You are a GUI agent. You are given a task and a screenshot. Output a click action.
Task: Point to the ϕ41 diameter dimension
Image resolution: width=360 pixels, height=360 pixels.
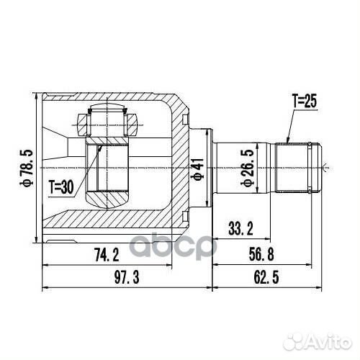196,170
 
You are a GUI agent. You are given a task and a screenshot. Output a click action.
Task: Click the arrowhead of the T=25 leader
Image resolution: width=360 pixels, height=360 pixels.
287,141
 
